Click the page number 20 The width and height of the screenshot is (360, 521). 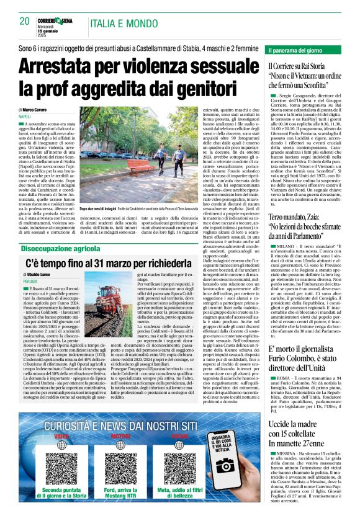coord(25,21)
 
